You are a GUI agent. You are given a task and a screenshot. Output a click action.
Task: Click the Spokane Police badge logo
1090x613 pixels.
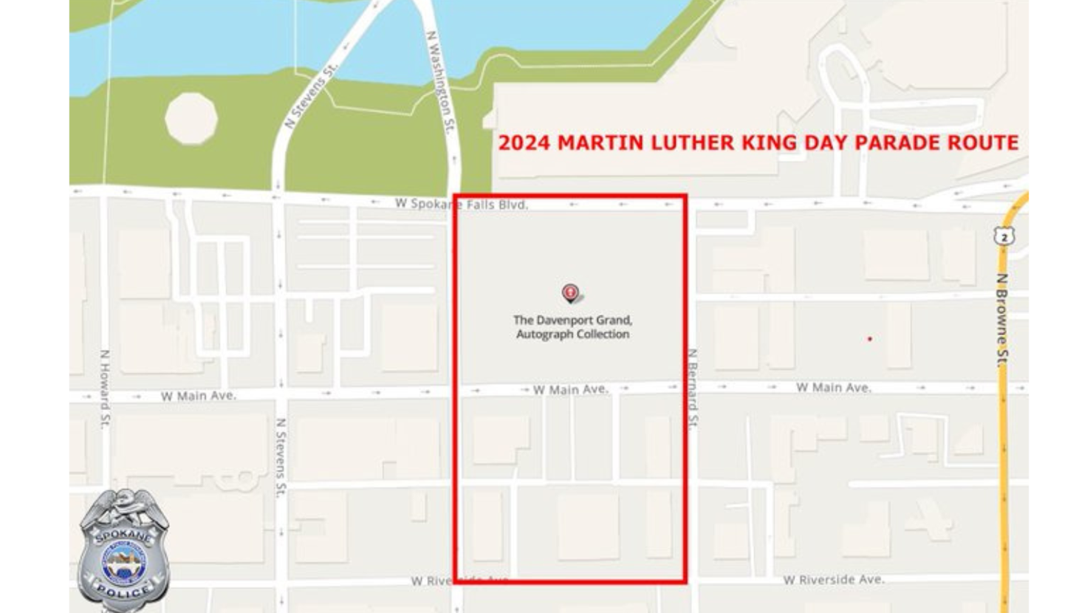[x=123, y=550]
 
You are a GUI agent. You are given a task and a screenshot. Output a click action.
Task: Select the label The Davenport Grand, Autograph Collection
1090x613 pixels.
[x=572, y=327]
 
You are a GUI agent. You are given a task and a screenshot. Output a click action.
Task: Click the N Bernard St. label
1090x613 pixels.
[x=693, y=388]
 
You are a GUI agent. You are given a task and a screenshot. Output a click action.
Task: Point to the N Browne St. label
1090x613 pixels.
[x=1002, y=320]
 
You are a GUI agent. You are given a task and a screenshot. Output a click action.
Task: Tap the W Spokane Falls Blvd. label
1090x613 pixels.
[x=462, y=204]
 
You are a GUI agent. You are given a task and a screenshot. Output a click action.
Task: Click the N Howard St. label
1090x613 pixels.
[x=105, y=388]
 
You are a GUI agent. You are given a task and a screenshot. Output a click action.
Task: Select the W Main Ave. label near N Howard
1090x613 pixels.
[x=199, y=396]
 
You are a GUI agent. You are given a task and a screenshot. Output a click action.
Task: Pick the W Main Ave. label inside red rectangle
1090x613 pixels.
[x=571, y=389]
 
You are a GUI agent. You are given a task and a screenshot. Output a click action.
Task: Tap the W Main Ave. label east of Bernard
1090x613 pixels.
[x=834, y=387]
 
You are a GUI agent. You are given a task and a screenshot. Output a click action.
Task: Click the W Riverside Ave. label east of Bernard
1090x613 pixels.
[x=834, y=580]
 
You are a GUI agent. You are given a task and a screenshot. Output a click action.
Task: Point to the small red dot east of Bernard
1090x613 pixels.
[x=870, y=339]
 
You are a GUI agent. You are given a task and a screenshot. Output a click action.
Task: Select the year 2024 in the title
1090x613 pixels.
[x=524, y=143]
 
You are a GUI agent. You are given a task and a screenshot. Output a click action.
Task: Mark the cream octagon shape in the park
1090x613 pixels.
[x=191, y=118]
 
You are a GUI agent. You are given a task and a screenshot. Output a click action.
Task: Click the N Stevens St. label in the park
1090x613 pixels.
[x=311, y=95]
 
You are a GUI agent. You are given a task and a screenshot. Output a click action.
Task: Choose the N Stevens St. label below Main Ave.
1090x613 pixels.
[x=281, y=458]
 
